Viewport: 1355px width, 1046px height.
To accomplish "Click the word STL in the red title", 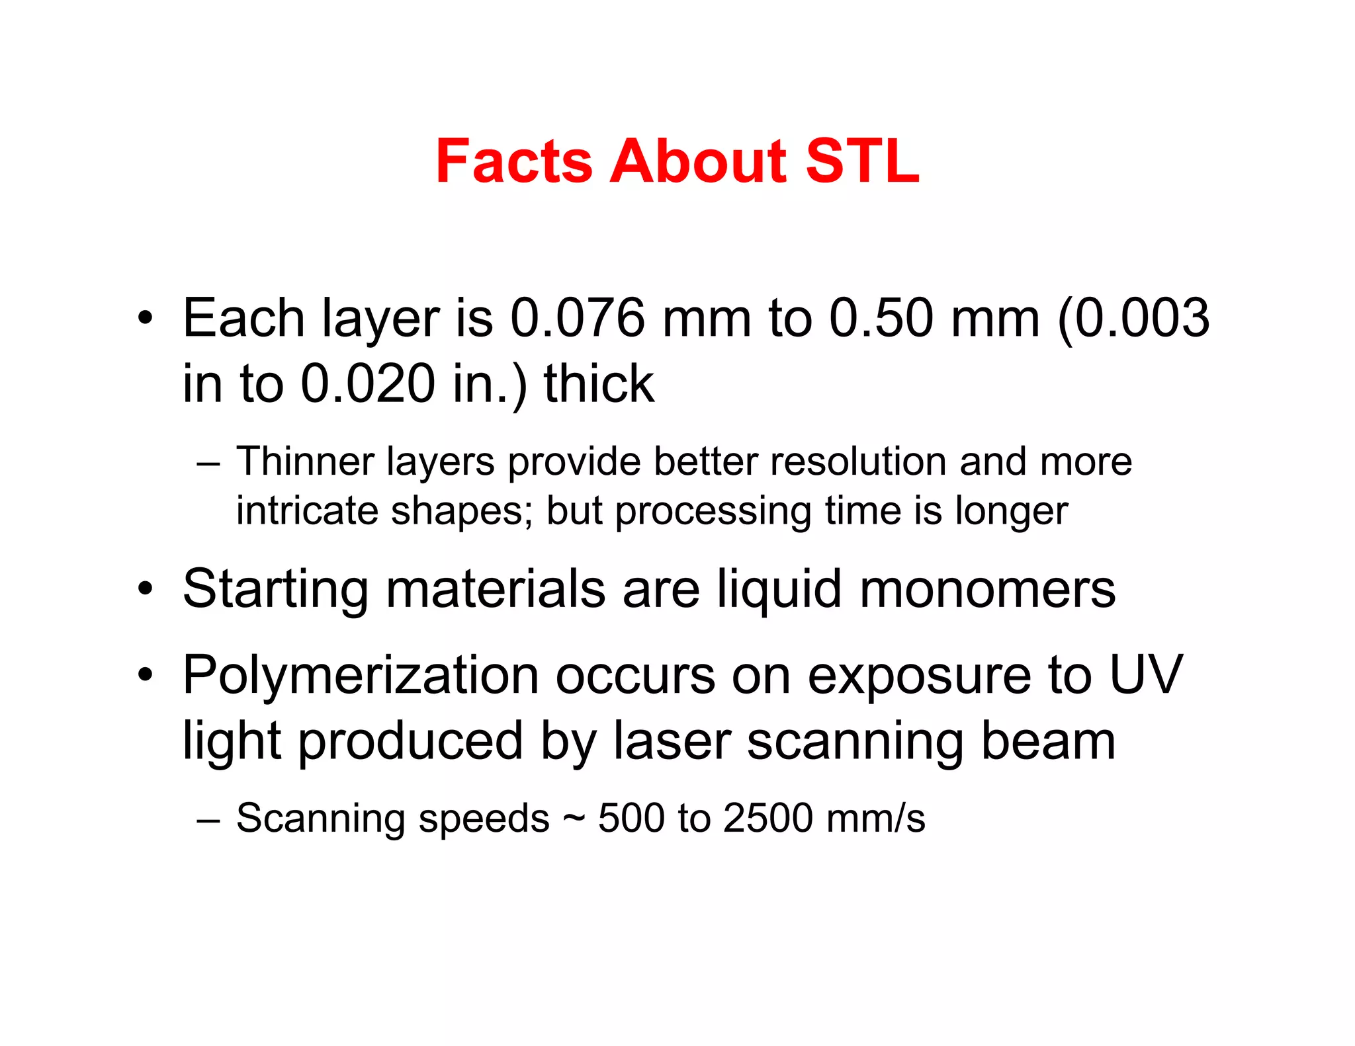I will pyautogui.click(x=862, y=161).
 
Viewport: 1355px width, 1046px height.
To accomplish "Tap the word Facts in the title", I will pyautogui.click(x=514, y=161).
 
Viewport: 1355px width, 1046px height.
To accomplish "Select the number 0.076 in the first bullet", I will pyautogui.click(x=578, y=319).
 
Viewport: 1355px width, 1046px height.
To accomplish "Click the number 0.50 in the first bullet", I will pyautogui.click(x=881, y=319).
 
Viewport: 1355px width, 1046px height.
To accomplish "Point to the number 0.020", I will pyautogui.click(x=367, y=384).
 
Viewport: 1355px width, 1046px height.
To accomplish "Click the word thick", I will pyautogui.click(x=599, y=384).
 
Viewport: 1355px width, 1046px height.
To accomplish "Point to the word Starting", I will pyautogui.click(x=275, y=590).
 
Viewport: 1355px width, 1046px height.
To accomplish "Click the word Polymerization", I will pyautogui.click(x=361, y=676).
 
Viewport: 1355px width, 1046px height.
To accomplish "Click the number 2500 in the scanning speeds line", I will pyautogui.click(x=767, y=819).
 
